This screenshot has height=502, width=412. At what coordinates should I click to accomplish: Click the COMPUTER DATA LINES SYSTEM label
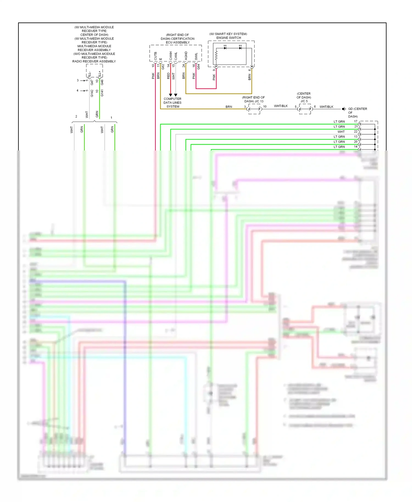(x=172, y=103)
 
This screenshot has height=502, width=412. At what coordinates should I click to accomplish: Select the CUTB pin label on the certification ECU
(x=155, y=56)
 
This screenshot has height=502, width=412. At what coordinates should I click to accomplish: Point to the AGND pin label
(x=186, y=56)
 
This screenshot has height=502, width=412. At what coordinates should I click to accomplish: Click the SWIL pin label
(x=196, y=56)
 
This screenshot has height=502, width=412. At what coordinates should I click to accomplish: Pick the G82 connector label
(x=163, y=66)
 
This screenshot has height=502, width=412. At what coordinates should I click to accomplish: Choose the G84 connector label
(x=199, y=66)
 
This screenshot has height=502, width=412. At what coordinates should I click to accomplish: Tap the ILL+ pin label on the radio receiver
(x=100, y=74)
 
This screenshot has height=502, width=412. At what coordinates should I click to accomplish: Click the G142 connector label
(x=92, y=93)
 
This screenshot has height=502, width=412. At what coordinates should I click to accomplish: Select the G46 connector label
(x=102, y=82)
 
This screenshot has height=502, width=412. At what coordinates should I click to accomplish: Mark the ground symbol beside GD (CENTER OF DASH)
(x=344, y=109)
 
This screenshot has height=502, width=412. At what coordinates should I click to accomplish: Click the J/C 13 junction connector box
(x=254, y=109)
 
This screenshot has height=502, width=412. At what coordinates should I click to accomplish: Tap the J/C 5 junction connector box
(x=305, y=109)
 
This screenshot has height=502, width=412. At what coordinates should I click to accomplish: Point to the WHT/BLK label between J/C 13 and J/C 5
(x=281, y=106)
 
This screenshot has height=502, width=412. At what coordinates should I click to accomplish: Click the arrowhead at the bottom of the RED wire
(x=171, y=95)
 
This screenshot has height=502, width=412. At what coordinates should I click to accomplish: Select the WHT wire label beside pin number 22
(x=341, y=132)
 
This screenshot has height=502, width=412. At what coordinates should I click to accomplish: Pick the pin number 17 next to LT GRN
(x=356, y=121)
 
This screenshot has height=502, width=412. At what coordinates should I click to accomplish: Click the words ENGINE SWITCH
(x=229, y=38)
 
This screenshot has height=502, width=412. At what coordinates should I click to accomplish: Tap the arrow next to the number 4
(x=82, y=91)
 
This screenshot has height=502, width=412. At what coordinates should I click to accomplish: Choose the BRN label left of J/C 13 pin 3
(x=229, y=107)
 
